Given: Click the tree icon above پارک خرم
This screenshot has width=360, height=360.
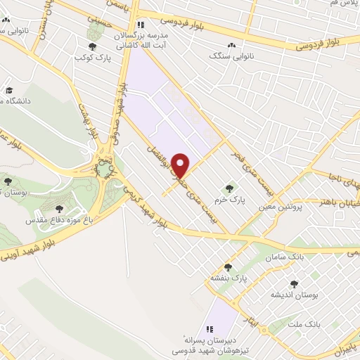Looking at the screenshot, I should [229, 188].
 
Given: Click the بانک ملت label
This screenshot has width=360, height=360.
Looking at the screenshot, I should [306, 325].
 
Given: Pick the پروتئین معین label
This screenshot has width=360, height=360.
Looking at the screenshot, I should [282, 207].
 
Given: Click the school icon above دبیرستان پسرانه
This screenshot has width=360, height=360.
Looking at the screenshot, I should [209, 328].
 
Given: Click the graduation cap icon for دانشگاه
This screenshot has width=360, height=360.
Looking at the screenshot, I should [9, 91].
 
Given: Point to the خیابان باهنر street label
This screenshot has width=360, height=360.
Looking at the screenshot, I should [336, 202].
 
